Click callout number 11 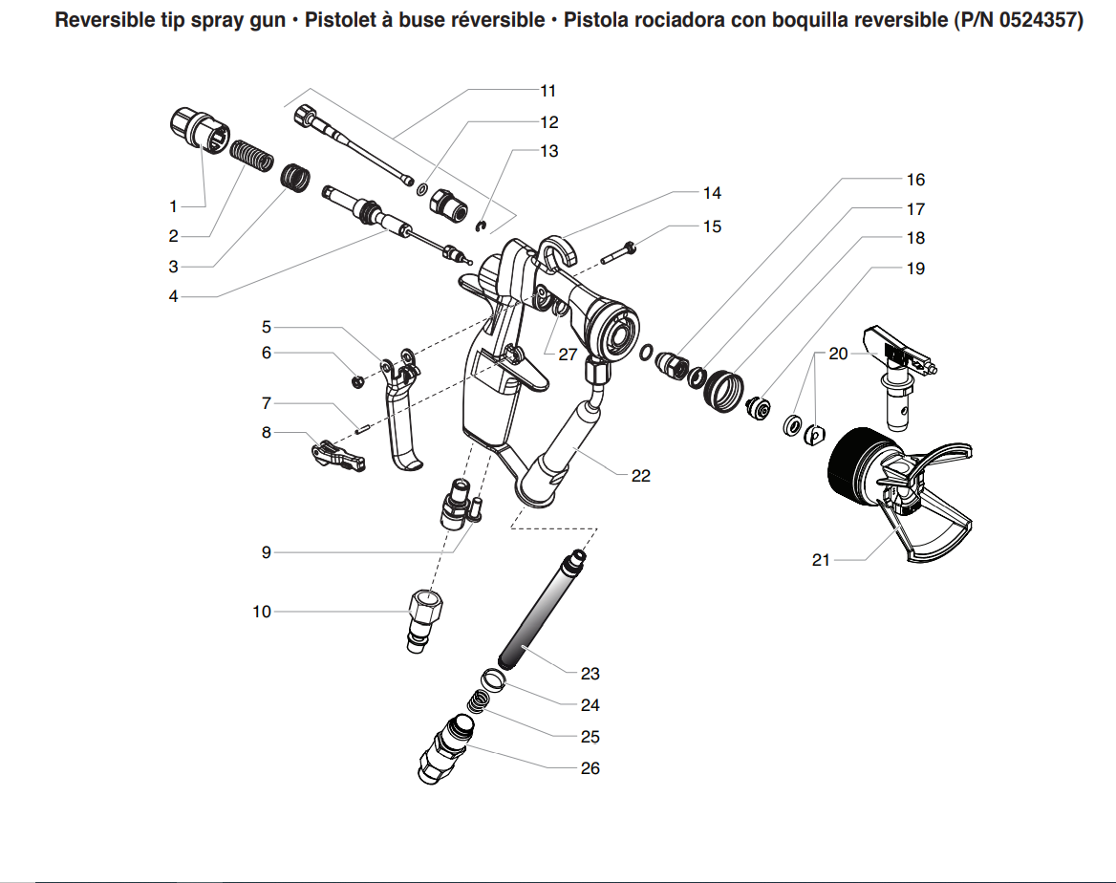click(x=547, y=91)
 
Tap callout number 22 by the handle click(x=641, y=475)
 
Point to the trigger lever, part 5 click(x=401, y=411)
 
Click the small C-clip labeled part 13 click(x=484, y=226)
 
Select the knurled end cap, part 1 click(x=199, y=129)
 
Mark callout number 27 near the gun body click(x=569, y=353)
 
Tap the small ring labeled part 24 click(x=493, y=679)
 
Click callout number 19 click(x=915, y=269)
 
